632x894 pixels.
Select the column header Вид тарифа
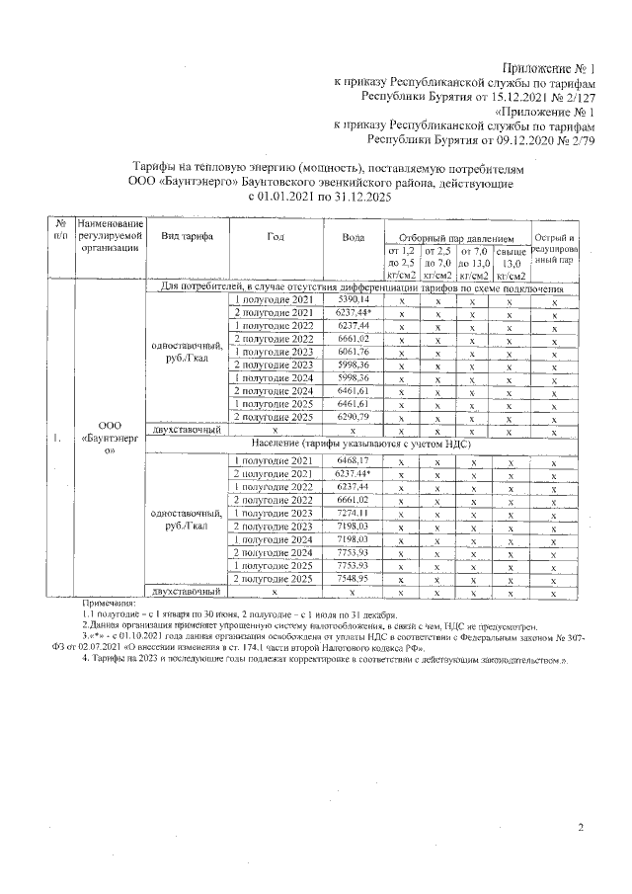[185, 237]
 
